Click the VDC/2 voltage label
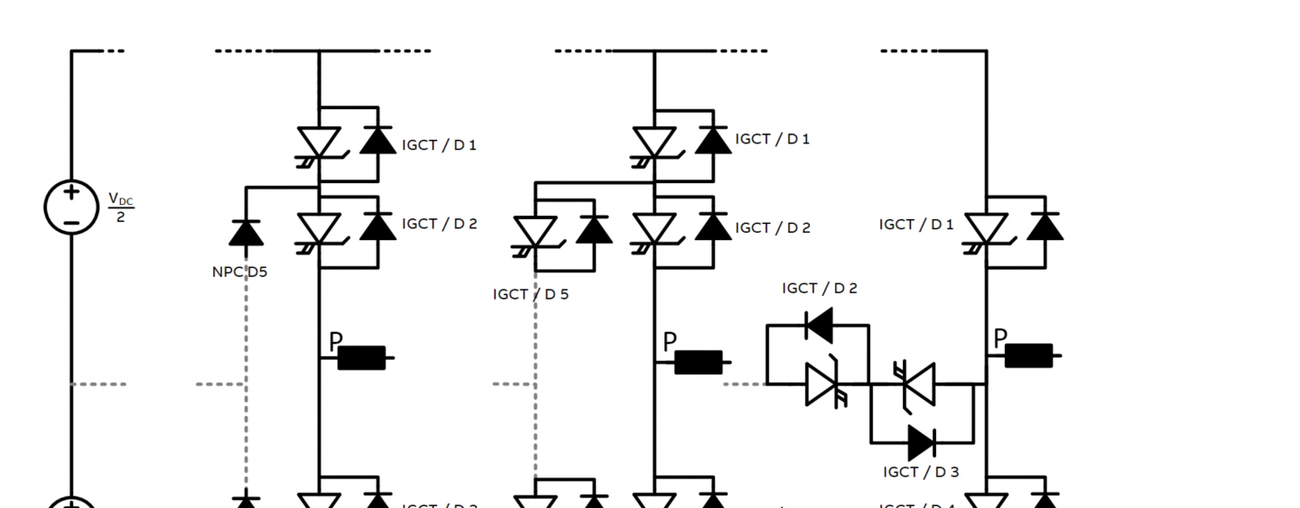119,207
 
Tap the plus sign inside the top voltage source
71,192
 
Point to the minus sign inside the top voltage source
71,221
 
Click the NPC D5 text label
239,272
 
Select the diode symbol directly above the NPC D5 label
246,233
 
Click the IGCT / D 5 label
531,294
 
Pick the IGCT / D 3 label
921,471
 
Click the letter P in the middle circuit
670,343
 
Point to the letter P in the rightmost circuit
1000,339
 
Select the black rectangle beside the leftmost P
362,358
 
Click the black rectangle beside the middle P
699,362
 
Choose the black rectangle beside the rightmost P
1028,356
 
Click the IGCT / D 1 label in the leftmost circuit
439,145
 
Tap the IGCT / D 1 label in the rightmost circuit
915,225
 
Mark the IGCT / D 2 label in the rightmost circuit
820,289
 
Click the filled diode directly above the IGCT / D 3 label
922,442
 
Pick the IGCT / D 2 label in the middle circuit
773,228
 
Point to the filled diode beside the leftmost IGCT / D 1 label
377,141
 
